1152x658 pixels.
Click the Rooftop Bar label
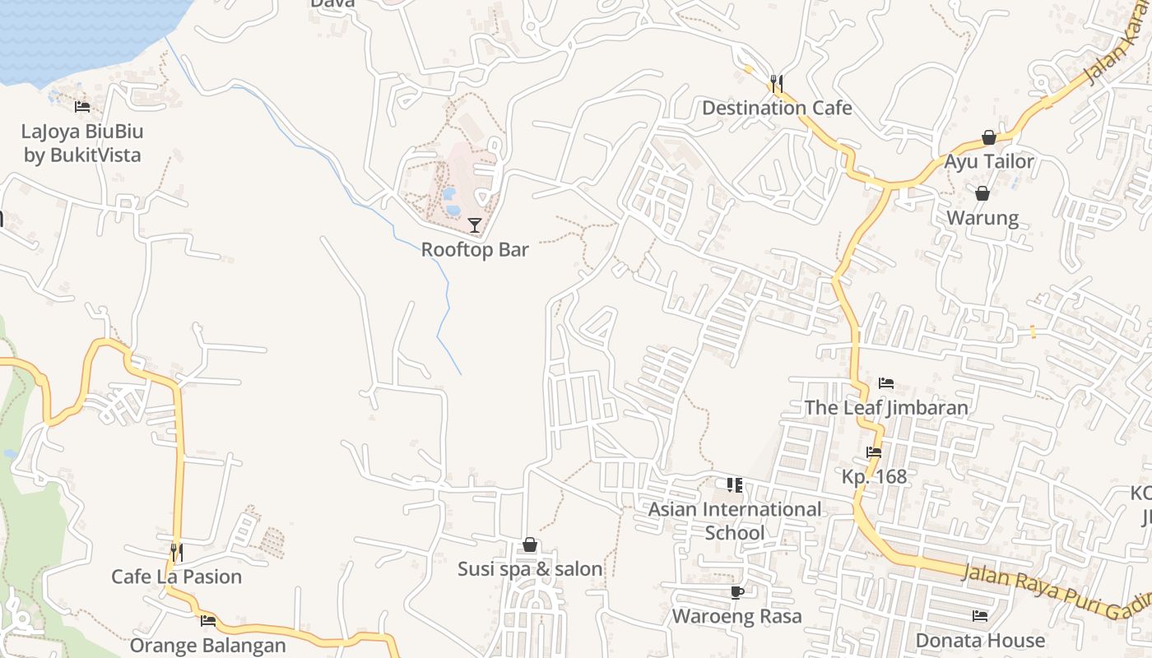(475, 249)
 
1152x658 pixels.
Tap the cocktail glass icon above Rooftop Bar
(475, 225)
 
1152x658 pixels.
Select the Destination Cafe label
(777, 108)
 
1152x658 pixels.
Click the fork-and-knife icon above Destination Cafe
(776, 83)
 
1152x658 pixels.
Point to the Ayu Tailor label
(988, 161)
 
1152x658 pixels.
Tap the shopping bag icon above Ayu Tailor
(988, 137)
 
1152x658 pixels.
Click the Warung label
(982, 218)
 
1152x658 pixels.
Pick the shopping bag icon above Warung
(982, 194)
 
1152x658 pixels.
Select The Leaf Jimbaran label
(886, 407)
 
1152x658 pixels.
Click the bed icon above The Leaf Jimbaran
(886, 383)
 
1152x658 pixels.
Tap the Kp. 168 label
(874, 476)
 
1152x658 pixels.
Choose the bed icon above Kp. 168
(874, 452)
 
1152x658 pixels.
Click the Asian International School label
(735, 521)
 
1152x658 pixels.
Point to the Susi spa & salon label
(530, 568)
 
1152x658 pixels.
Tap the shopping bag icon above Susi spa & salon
(530, 544)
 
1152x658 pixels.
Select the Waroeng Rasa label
(736, 616)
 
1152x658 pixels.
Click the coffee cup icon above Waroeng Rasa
(736, 592)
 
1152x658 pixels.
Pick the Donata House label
(980, 640)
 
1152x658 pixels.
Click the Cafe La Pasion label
(177, 577)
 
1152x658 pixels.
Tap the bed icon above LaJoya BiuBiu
(82, 107)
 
